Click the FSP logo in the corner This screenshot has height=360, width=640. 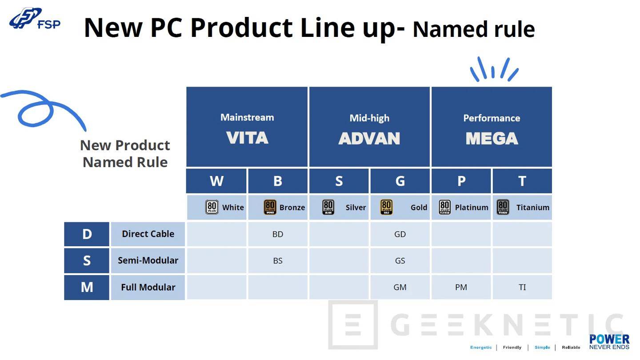[x=35, y=19]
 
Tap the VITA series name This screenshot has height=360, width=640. [x=247, y=138]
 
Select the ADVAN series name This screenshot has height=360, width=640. [x=369, y=139]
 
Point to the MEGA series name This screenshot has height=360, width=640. [x=492, y=139]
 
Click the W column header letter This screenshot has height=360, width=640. [x=216, y=181]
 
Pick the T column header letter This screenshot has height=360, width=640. [x=522, y=181]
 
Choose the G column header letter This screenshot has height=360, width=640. [x=400, y=181]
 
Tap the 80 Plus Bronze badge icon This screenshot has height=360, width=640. [x=270, y=207]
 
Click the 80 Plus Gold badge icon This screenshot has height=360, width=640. [x=386, y=207]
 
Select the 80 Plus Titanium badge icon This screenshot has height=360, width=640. [x=503, y=207]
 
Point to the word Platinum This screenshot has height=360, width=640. [x=472, y=208]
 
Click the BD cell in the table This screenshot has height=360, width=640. [x=278, y=234]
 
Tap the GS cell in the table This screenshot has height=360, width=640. [x=400, y=260]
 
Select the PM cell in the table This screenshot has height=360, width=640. [x=461, y=287]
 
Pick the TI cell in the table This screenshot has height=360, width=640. [x=522, y=287]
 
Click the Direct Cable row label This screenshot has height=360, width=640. [x=148, y=234]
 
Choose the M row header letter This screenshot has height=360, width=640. [x=87, y=287]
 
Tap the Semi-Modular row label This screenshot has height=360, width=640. [x=148, y=260]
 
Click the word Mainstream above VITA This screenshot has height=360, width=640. [x=247, y=117]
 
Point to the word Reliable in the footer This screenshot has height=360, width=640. [x=571, y=347]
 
